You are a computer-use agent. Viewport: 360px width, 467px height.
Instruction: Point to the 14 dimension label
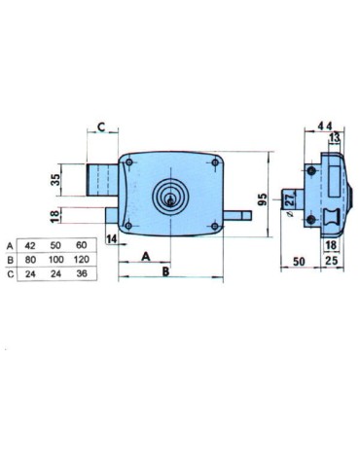[112, 237]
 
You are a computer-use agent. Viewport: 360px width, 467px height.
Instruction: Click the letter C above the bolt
[100, 127]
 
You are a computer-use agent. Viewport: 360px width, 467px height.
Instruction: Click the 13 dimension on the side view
[334, 139]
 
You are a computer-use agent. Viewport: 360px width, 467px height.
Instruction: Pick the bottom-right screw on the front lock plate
[213, 228]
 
